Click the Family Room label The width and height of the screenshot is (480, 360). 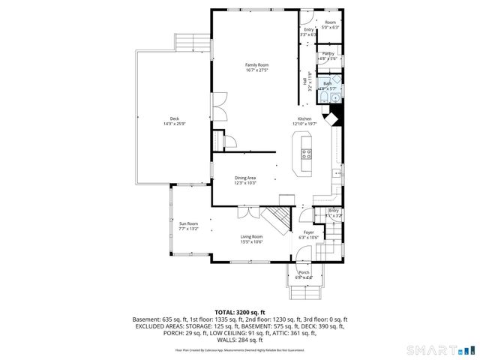tap(256, 65)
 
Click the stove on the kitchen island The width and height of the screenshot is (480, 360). tap(306, 155)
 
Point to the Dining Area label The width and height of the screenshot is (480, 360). tap(245, 178)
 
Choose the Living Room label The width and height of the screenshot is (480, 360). tap(251, 237)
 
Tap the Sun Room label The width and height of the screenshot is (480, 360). tap(187, 223)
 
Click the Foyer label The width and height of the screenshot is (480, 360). tap(308, 232)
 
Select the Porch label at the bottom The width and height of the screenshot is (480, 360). tap(304, 272)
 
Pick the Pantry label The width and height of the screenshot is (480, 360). tap(328, 54)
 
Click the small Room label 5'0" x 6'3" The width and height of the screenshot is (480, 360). tap(330, 22)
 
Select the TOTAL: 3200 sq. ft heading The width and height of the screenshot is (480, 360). tap(239, 310)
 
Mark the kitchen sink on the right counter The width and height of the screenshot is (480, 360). tap(335, 174)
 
